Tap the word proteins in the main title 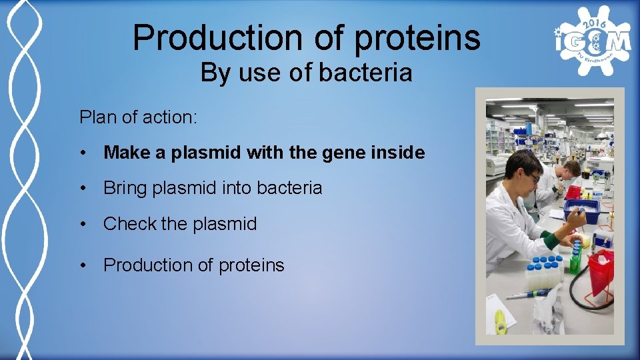pos(417,38)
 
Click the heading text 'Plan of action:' pos(138,117)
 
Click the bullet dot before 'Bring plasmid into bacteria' pos(83,189)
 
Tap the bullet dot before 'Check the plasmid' pos(83,225)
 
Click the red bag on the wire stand pos(601,267)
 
